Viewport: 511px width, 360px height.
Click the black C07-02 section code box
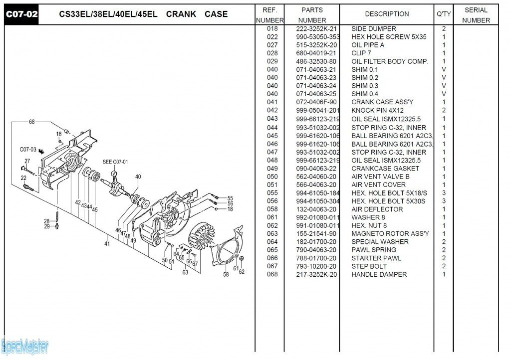pyautogui.click(x=21, y=14)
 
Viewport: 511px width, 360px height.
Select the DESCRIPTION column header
pyautogui.click(x=387, y=14)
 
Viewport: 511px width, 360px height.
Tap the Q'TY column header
pyautogui.click(x=444, y=14)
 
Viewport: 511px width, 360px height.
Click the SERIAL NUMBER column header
pyautogui.click(x=476, y=15)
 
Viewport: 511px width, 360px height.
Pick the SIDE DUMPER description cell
pyautogui.click(x=374, y=29)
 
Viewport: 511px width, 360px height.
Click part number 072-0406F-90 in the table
pyautogui.click(x=316, y=102)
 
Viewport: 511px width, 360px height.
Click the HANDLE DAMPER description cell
pyautogui.click(x=379, y=275)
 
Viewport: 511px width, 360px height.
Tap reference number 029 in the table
pyautogui.click(x=272, y=61)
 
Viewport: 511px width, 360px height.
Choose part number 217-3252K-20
pyautogui.click(x=316, y=275)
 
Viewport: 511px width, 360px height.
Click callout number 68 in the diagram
pyautogui.click(x=32, y=122)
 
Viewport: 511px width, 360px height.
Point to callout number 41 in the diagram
pyautogui.click(x=107, y=244)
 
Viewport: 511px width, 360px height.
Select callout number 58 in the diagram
pyautogui.click(x=226, y=275)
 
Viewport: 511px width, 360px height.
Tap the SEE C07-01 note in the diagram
pyautogui.click(x=115, y=162)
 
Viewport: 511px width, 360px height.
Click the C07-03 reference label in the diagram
pyautogui.click(x=28, y=150)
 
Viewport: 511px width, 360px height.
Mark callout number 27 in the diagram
pyautogui.click(x=27, y=161)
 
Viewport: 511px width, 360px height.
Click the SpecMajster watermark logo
pyautogui.click(x=25, y=345)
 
